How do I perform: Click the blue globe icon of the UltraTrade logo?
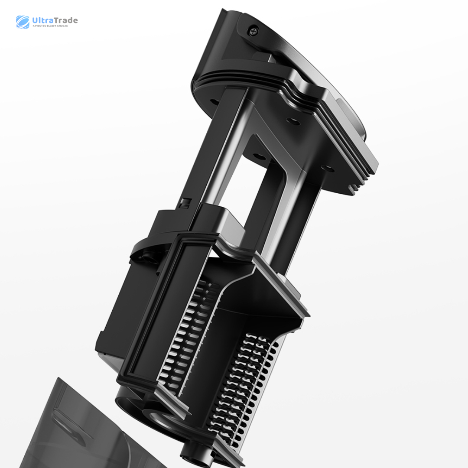pyautogui.click(x=23, y=22)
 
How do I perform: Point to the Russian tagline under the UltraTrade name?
pyautogui.click(x=50, y=26)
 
